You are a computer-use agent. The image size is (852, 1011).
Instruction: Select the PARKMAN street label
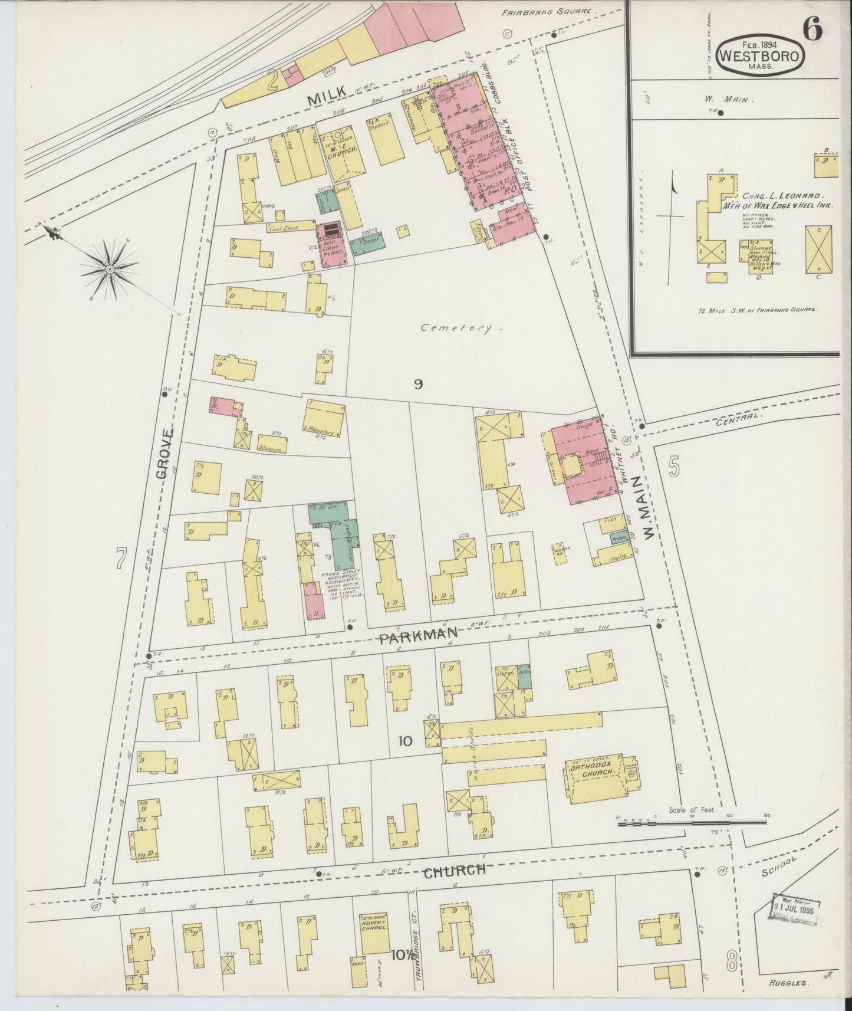pos(418,635)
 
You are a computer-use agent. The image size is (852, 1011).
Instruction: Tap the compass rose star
pos(110,270)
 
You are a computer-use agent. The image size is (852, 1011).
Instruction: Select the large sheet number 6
pos(812,29)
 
